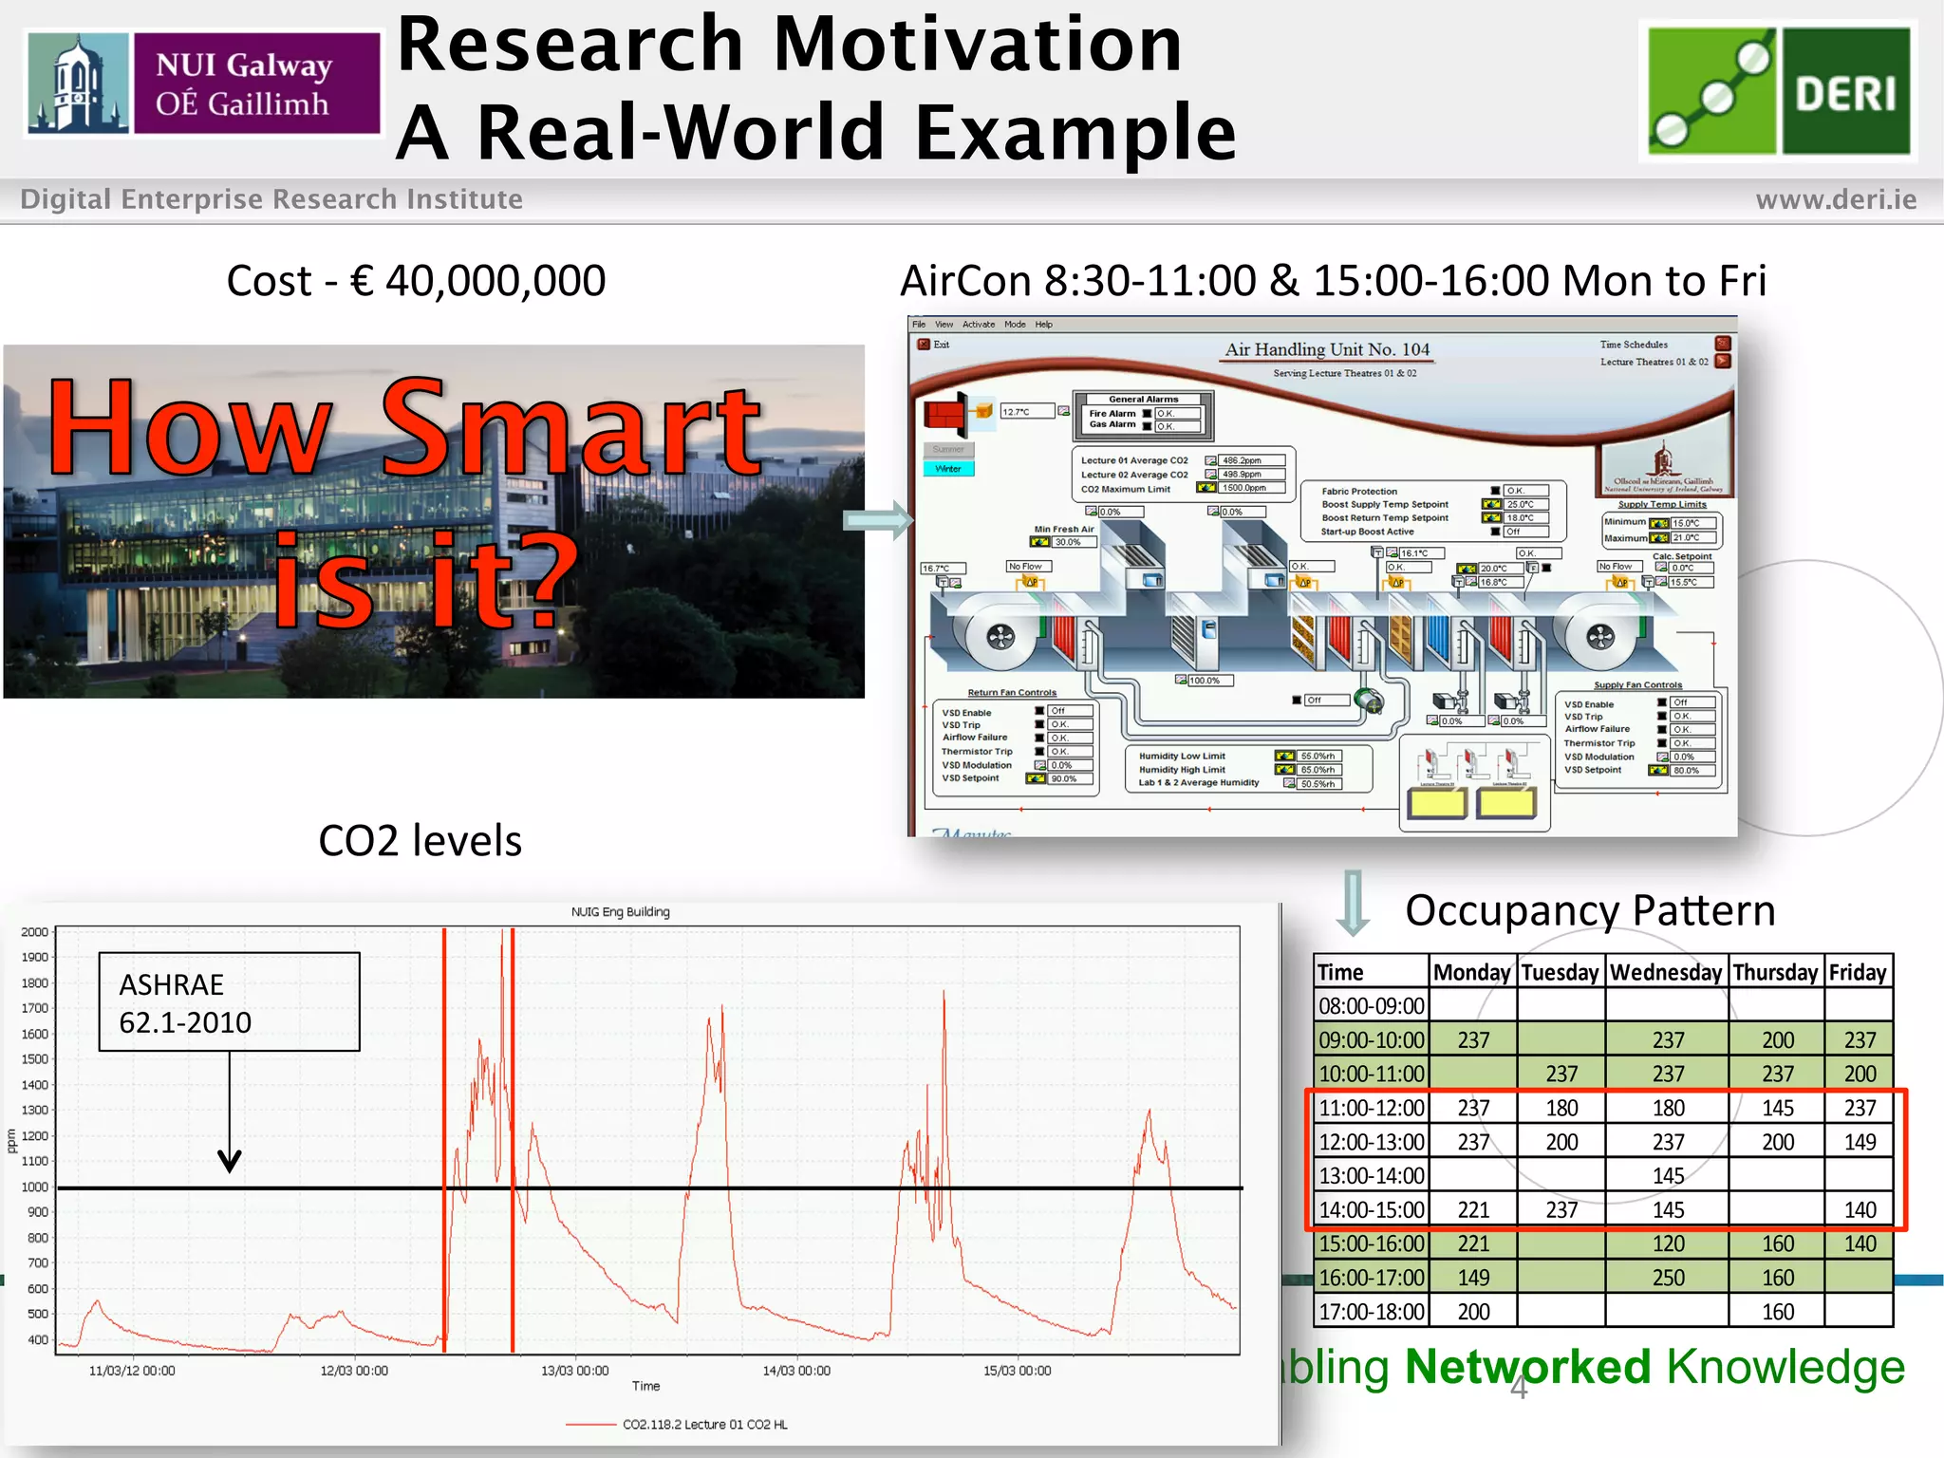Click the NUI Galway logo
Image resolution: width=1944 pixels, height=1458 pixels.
point(204,84)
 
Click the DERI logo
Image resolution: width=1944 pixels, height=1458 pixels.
point(1778,91)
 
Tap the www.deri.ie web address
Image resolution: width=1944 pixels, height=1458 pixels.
point(1836,199)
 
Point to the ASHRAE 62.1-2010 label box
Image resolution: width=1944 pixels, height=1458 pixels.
point(229,1001)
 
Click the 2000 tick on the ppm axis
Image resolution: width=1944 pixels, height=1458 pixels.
point(34,932)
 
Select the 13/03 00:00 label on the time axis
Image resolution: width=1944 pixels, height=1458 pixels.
point(574,1371)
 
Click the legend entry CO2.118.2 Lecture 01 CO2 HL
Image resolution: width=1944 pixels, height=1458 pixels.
point(703,1424)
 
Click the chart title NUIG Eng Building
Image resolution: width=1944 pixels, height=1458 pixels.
point(620,912)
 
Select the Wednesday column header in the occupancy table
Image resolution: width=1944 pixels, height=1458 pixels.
point(1666,972)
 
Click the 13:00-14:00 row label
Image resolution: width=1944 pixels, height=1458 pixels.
point(1372,1176)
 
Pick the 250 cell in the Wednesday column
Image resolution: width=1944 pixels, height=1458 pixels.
point(1668,1278)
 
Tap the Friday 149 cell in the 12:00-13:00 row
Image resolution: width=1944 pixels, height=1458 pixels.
point(1860,1142)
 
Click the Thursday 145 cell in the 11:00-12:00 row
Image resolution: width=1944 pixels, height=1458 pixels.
point(1777,1108)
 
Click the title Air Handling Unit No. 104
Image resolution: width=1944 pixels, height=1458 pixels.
point(1326,349)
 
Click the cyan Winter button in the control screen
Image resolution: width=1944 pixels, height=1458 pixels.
point(948,469)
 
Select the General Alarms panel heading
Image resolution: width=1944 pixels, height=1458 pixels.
point(1143,399)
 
